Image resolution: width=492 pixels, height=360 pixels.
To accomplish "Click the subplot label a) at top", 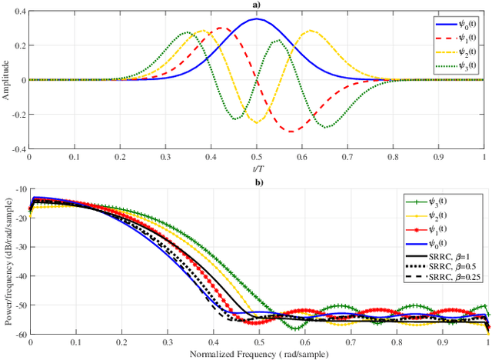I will tap(258, 5).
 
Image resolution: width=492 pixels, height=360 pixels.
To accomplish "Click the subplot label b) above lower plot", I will tap(258, 182).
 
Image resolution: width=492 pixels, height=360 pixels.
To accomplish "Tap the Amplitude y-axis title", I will tap(6, 80).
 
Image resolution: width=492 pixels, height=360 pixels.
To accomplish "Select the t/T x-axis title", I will tap(258, 167).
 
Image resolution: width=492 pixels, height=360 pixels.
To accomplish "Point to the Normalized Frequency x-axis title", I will tap(258, 353).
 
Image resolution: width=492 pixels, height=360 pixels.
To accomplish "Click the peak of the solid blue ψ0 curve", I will tap(258, 19).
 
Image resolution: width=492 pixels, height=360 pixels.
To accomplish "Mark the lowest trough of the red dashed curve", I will tap(291, 132).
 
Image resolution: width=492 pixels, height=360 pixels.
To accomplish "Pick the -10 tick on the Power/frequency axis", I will tap(19, 189).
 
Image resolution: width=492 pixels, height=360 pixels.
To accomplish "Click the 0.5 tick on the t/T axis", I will tap(258, 157).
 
